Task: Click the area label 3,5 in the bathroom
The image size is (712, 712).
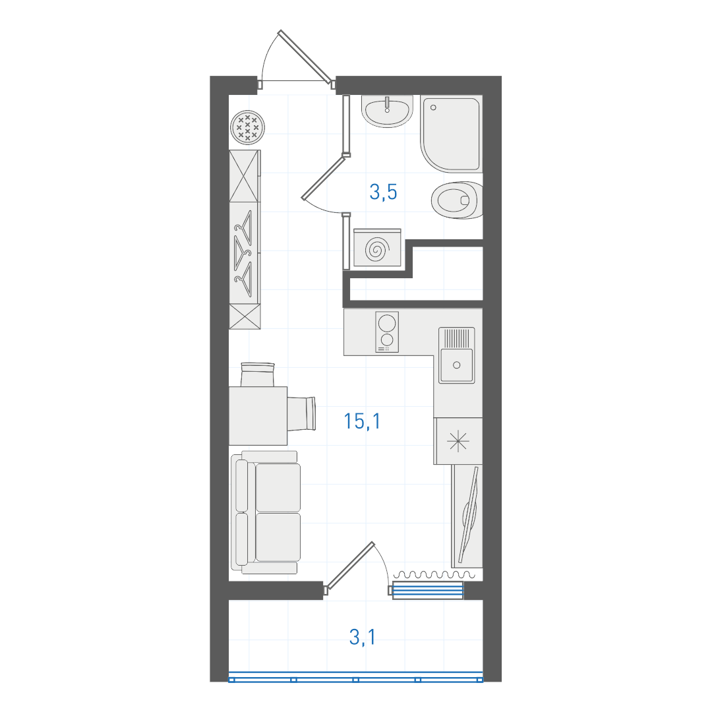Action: tap(383, 192)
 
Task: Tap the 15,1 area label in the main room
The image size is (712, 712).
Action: tap(362, 421)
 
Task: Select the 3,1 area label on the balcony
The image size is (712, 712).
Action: tap(363, 637)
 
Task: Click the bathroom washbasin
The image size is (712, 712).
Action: tap(387, 111)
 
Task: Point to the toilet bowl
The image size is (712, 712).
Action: tap(456, 200)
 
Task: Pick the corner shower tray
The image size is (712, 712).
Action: tap(450, 133)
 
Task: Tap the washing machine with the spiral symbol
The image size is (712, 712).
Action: tap(377, 248)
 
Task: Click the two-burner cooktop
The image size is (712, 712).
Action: tap(387, 332)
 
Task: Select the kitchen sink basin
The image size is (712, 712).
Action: tap(456, 355)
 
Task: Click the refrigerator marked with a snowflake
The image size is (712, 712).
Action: tap(458, 441)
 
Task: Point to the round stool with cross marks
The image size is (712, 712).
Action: tap(247, 127)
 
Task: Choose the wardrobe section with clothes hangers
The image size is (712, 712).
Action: tap(245, 253)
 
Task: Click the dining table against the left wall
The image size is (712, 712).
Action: tap(258, 415)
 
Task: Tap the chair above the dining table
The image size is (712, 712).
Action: tap(258, 374)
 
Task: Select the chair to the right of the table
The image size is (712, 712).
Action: tap(301, 413)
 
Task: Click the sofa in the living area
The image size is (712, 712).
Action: tap(266, 512)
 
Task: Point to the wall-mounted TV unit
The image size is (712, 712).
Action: tap(467, 516)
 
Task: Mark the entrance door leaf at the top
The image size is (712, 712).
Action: tap(305, 56)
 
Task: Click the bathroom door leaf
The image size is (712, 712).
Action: tap(324, 177)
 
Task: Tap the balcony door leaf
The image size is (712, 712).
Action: tap(349, 566)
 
